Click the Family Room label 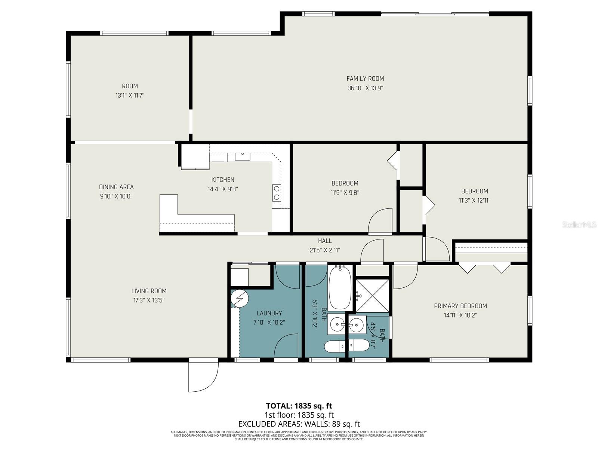point(365,79)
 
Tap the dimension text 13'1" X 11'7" point(130,95)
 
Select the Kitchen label point(223,180)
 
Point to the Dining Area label point(116,187)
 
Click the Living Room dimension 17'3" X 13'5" point(149,300)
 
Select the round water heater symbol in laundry point(239,298)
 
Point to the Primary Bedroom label point(460,306)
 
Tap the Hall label point(325,241)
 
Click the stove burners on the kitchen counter point(277,193)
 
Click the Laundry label point(269,313)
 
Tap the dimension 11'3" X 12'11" point(474,201)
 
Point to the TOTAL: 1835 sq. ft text point(299,406)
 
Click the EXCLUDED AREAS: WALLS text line point(299,424)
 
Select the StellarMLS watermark point(579,225)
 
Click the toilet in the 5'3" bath point(335,347)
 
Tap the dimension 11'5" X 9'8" point(345,193)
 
